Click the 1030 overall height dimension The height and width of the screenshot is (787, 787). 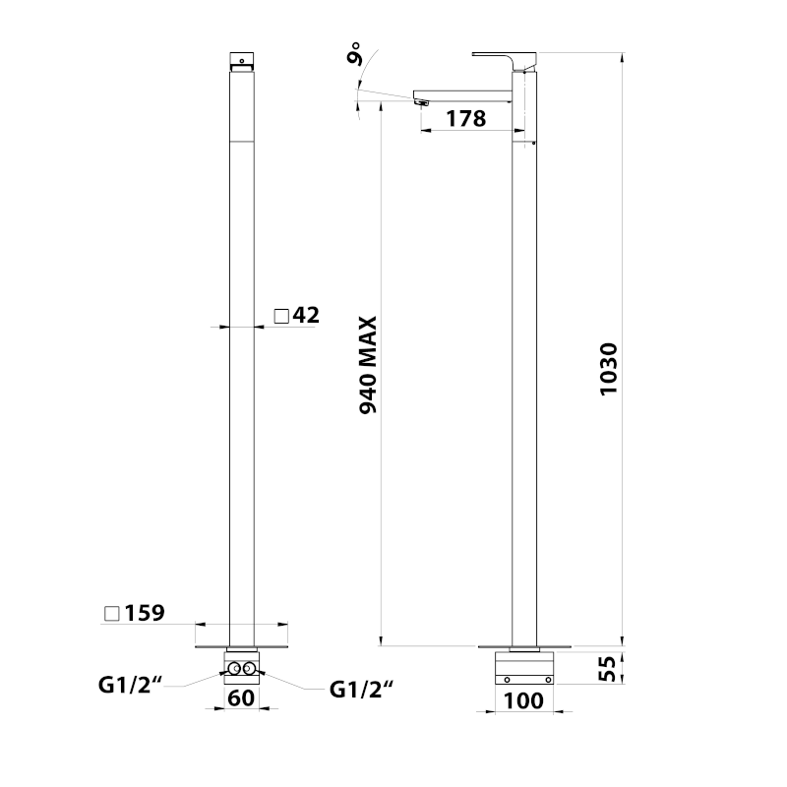click(609, 369)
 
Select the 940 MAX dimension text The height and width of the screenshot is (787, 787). click(368, 365)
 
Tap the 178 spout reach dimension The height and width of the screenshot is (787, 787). click(465, 119)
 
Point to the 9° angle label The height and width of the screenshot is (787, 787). click(355, 53)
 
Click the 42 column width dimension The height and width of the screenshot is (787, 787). click(306, 315)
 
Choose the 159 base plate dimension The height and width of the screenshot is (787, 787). click(145, 613)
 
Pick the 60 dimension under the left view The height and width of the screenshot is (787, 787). click(241, 698)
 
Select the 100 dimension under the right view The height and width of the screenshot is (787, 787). click(523, 700)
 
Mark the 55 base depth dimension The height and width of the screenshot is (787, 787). click(607, 669)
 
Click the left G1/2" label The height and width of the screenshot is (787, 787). click(131, 685)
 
